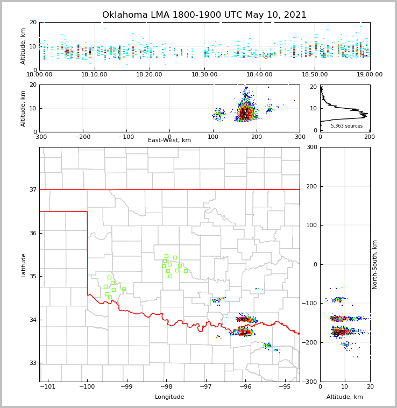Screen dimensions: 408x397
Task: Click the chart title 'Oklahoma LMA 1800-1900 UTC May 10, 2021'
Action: [x=204, y=15]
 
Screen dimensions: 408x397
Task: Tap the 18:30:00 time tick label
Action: [x=204, y=75]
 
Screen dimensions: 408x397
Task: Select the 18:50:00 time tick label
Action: [x=315, y=75]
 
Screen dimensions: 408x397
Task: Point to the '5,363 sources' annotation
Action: [x=346, y=126]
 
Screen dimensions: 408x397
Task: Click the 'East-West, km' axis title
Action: [x=169, y=140]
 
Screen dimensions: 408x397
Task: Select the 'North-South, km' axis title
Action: [x=375, y=264]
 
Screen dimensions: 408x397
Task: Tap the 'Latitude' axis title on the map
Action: [x=24, y=265]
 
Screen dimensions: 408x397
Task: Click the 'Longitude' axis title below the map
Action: [x=169, y=397]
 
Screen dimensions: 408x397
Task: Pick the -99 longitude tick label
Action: [x=126, y=386]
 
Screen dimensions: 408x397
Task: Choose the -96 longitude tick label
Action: [x=245, y=386]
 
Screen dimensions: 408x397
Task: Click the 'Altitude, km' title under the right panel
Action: [x=345, y=397]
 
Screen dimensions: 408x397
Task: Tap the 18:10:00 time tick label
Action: [x=94, y=75]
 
